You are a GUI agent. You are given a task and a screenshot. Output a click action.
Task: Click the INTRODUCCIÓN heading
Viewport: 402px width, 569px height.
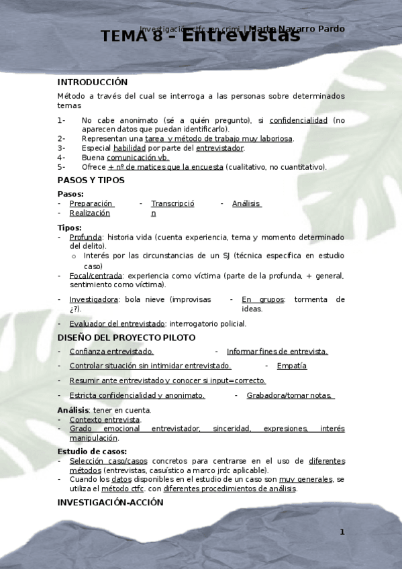[x=92, y=82]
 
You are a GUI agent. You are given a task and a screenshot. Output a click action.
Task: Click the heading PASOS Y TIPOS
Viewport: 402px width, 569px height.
[x=91, y=180]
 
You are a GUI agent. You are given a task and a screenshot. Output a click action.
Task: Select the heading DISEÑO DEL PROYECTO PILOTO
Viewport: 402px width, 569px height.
[x=126, y=337]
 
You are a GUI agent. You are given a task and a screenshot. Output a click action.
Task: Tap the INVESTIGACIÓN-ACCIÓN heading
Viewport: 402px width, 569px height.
[x=110, y=502]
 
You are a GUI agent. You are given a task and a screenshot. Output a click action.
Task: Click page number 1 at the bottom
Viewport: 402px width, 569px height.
[x=342, y=532]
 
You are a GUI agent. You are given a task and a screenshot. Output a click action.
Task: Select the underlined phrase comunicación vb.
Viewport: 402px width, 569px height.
[x=138, y=157]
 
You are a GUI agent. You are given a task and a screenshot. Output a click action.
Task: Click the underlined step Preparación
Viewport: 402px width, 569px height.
[x=92, y=203]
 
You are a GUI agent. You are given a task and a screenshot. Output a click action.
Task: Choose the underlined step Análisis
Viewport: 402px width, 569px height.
[x=246, y=203]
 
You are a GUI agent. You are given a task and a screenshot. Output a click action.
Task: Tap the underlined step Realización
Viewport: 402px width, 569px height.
[x=89, y=213]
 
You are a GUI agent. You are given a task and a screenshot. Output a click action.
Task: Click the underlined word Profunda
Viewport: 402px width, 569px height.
[x=85, y=237]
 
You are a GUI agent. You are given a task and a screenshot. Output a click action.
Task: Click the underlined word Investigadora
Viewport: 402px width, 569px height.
[x=94, y=299]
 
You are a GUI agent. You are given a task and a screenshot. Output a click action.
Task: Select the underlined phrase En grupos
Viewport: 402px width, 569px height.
[x=258, y=299]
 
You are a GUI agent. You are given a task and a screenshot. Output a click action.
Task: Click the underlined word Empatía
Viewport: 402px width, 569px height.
[x=291, y=366]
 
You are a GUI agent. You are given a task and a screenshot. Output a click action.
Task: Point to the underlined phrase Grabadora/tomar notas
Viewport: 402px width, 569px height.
[x=290, y=395]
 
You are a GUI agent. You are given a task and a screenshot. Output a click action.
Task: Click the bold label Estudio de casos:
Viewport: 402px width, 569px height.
[x=92, y=452]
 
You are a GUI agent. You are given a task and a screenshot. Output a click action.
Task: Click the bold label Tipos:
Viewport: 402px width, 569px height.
[x=69, y=227]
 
